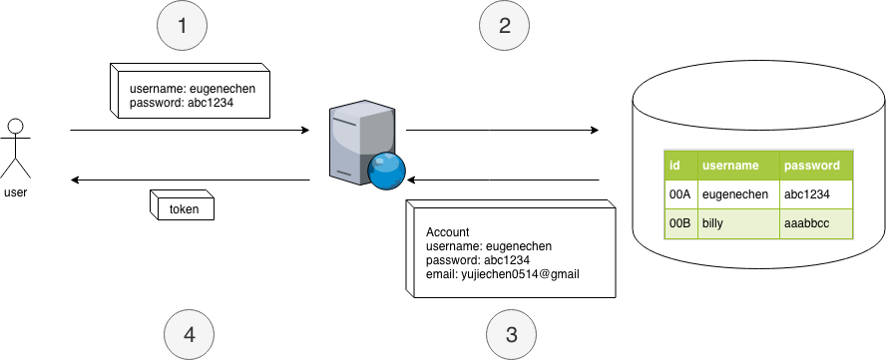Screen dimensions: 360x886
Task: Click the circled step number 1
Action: pyautogui.click(x=182, y=27)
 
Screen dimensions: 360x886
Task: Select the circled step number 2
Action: pyautogui.click(x=505, y=27)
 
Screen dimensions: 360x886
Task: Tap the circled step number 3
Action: pyautogui.click(x=511, y=333)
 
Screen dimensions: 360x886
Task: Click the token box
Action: pyautogui.click(x=183, y=208)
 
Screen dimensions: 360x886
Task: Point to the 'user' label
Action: pyautogui.click(x=16, y=192)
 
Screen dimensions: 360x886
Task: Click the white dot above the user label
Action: pyautogui.click(x=15, y=127)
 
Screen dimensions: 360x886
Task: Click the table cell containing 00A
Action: pyautogui.click(x=680, y=194)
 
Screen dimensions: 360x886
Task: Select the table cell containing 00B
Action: pyautogui.click(x=680, y=223)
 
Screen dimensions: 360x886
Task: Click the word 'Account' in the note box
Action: pyautogui.click(x=448, y=231)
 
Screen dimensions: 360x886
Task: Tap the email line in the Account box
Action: pyautogui.click(x=503, y=274)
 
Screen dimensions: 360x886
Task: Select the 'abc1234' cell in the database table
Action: pyautogui.click(x=808, y=194)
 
